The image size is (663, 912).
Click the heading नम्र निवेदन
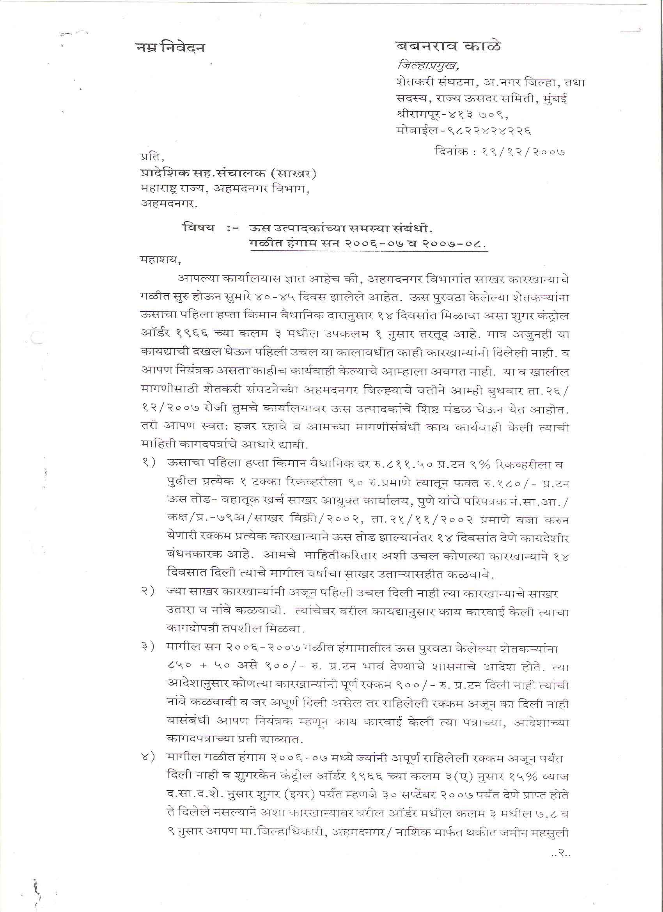[x=170, y=48]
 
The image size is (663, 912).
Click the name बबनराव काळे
[x=448, y=47]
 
